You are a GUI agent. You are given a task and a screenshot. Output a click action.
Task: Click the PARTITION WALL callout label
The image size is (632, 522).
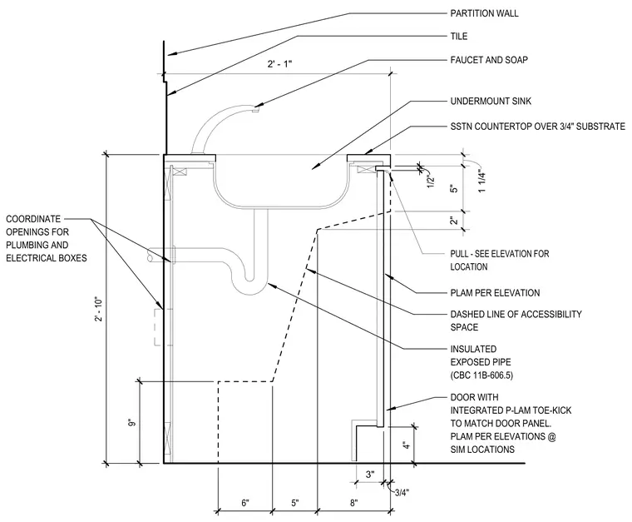coord(484,13)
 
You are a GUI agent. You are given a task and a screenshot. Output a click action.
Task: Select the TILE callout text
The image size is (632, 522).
coord(459,37)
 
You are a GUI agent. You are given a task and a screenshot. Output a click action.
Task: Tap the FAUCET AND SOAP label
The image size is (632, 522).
coord(489,60)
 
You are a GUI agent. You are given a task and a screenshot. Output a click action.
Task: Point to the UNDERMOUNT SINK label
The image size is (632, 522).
coord(491,101)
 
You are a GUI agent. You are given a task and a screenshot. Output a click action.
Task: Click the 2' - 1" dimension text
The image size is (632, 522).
coord(279,64)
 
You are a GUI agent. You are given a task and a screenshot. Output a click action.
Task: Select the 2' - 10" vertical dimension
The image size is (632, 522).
coord(99,310)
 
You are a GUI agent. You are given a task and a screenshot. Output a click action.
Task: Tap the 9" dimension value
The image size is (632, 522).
coord(132,423)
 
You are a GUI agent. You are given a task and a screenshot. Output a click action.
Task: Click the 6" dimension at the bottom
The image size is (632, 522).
coord(245,503)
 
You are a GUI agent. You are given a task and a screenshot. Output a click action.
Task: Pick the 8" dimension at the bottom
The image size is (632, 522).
coord(353,503)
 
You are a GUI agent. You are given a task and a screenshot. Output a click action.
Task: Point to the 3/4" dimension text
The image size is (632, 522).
coord(402,493)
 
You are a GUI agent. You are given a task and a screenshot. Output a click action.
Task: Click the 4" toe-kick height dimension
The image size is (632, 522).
coord(407,445)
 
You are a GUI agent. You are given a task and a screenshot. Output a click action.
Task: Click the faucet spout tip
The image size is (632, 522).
coord(255,109)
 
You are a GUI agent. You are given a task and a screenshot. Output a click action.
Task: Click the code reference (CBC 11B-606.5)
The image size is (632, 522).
coord(481,375)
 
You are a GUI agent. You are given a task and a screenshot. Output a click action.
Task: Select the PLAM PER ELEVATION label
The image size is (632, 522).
coord(495,293)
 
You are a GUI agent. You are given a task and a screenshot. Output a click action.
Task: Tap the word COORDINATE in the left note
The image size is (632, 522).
coord(33,219)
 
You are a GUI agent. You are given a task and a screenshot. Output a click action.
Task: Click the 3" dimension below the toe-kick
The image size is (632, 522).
coord(370,475)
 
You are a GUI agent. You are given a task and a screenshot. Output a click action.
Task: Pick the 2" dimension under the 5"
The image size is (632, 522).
coord(454,221)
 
